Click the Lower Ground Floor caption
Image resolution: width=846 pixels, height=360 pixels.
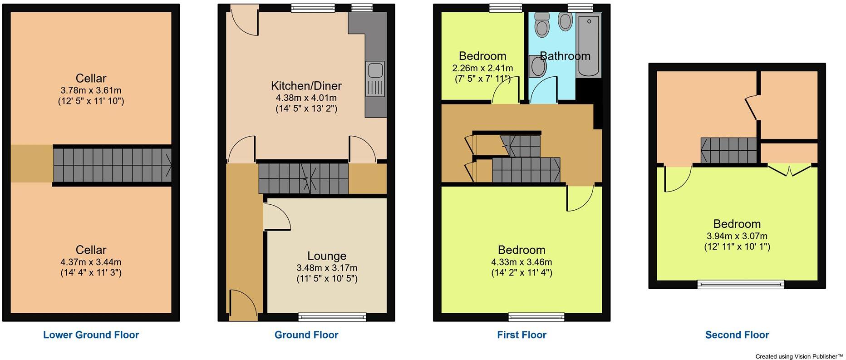click(91, 335)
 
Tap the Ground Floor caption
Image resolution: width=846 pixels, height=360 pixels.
click(306, 335)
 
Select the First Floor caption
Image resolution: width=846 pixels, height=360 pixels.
click(521, 335)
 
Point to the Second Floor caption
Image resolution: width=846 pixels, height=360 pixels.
click(737, 335)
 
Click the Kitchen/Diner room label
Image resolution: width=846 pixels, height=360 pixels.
click(306, 86)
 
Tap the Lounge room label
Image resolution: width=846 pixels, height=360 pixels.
click(326, 256)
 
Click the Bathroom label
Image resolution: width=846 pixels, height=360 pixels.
click(565, 56)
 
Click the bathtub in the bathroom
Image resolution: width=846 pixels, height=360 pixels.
click(589, 44)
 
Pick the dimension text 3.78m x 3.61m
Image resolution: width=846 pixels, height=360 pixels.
click(91, 90)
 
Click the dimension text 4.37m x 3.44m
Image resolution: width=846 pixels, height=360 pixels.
click(91, 262)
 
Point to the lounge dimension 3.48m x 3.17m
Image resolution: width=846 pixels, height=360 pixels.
click(326, 268)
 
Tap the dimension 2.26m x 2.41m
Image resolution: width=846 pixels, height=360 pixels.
click(482, 68)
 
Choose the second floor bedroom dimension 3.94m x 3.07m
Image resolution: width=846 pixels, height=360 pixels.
click(737, 236)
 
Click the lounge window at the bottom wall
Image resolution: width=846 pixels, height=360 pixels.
click(332, 317)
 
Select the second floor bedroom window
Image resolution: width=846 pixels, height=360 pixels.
click(741, 285)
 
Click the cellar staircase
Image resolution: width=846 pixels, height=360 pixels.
click(112, 165)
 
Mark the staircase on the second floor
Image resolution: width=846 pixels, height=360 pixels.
click(728, 150)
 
